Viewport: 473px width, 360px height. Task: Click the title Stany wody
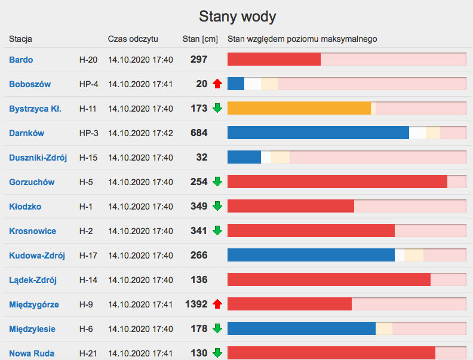pyautogui.click(x=237, y=16)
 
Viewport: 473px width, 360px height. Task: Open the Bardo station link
pyautogui.click(x=21, y=60)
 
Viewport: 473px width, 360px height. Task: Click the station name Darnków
pyautogui.click(x=26, y=133)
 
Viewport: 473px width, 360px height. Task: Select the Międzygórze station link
pyautogui.click(x=34, y=304)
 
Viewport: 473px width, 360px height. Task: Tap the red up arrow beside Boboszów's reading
pyautogui.click(x=217, y=84)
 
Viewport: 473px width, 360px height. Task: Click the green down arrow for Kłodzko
pyautogui.click(x=217, y=207)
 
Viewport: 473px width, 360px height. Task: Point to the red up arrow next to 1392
pyautogui.click(x=217, y=304)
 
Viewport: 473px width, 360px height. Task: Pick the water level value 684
pyautogui.click(x=199, y=133)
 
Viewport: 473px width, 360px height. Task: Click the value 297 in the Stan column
pyautogui.click(x=199, y=60)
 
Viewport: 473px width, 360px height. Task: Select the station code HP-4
pyautogui.click(x=89, y=84)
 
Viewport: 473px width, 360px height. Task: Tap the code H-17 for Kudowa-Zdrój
pyautogui.click(x=89, y=256)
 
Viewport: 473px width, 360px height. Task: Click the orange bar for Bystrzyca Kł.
pyautogui.click(x=299, y=109)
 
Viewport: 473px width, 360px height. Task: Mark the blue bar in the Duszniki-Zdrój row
pyautogui.click(x=244, y=158)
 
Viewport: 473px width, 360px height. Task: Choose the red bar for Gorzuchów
pyautogui.click(x=337, y=182)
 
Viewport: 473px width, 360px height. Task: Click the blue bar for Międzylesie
pyautogui.click(x=301, y=329)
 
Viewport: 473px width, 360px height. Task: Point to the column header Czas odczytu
pyautogui.click(x=133, y=39)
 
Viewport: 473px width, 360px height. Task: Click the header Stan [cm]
pyautogui.click(x=200, y=39)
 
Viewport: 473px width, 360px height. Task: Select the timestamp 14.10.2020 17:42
pyautogui.click(x=140, y=133)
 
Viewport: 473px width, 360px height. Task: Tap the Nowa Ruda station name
pyautogui.click(x=32, y=353)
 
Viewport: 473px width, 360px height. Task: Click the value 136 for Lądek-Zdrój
pyautogui.click(x=199, y=280)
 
